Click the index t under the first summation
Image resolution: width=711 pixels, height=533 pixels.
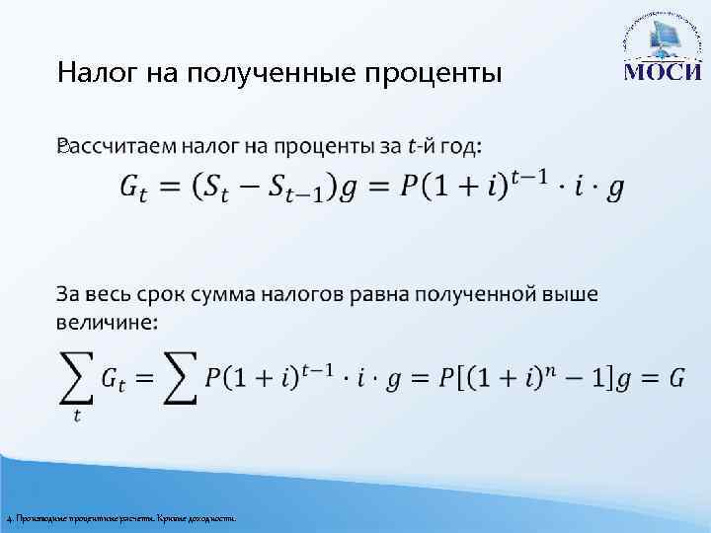pyautogui.click(x=76, y=416)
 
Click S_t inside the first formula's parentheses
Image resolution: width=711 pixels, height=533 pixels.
pyautogui.click(x=231, y=187)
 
